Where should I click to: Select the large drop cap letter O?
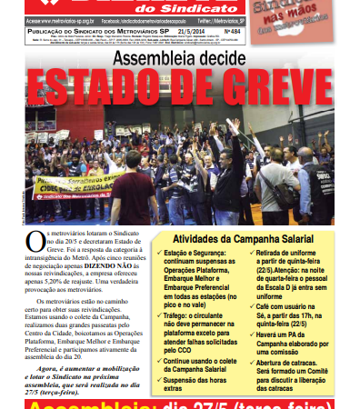click(35, 241)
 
